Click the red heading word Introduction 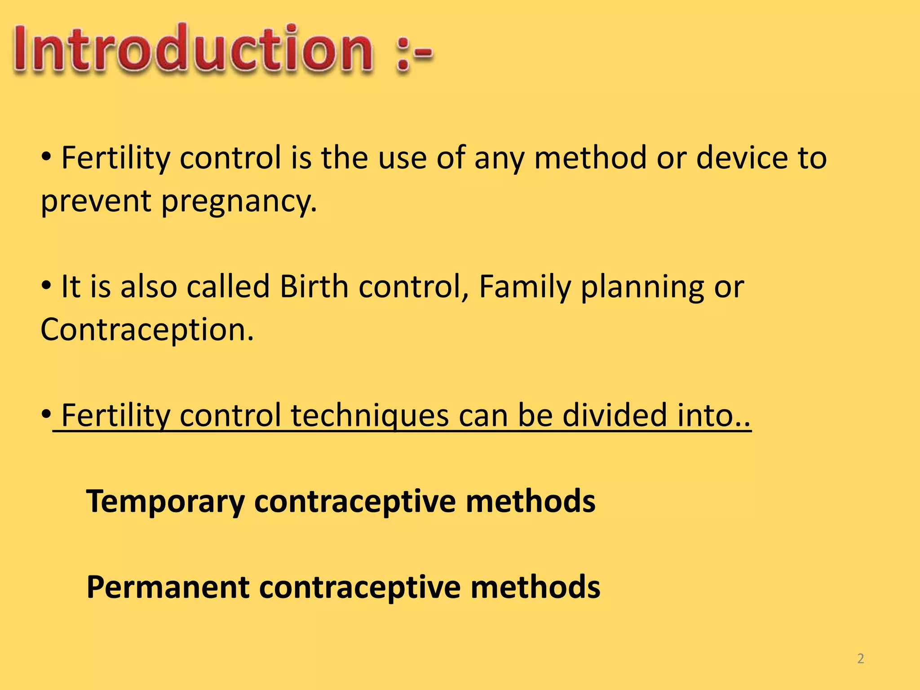193,49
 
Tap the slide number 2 860,659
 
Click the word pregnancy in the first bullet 239,201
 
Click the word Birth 314,287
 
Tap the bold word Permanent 168,588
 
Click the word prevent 95,201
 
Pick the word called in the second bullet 228,287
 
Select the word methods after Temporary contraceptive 531,501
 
